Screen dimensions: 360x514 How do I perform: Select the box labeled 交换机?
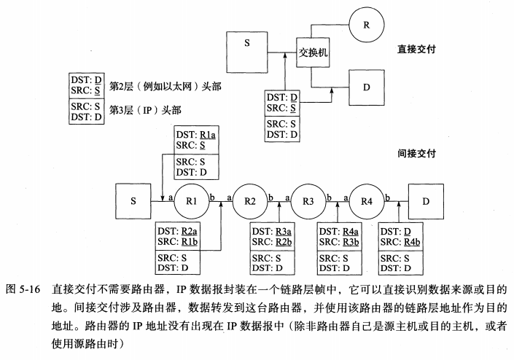tap(313, 52)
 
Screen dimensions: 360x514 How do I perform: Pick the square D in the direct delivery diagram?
tap(369, 88)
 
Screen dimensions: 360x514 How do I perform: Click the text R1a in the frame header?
tap(208, 135)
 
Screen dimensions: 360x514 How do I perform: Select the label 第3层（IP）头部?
tap(145, 111)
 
